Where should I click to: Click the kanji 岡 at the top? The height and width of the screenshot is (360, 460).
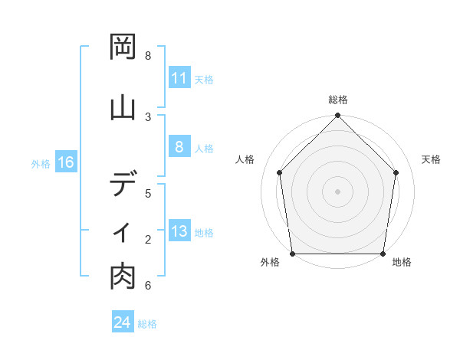123,48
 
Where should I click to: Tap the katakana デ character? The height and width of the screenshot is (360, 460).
123,184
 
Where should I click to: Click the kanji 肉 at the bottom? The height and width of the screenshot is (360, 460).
123,278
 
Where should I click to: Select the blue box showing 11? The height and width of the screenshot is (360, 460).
179,78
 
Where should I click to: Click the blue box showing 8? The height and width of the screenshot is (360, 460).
179,148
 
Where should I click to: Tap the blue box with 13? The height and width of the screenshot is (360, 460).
179,232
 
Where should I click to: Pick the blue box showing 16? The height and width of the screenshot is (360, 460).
66,162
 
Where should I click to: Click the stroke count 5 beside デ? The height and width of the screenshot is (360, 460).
148,192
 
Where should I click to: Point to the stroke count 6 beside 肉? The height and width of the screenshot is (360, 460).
148,286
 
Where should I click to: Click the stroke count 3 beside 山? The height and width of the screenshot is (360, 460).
148,116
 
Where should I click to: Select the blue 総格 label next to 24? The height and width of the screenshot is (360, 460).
147,324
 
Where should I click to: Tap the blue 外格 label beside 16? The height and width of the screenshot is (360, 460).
41,163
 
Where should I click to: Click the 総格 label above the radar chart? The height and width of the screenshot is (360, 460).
337,100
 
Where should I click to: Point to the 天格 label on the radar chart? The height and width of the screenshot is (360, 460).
431,159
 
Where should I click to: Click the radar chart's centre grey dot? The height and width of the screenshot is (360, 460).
337,191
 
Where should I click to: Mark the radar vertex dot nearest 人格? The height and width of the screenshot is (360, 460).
279,172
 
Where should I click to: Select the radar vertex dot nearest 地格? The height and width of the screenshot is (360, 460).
383,254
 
